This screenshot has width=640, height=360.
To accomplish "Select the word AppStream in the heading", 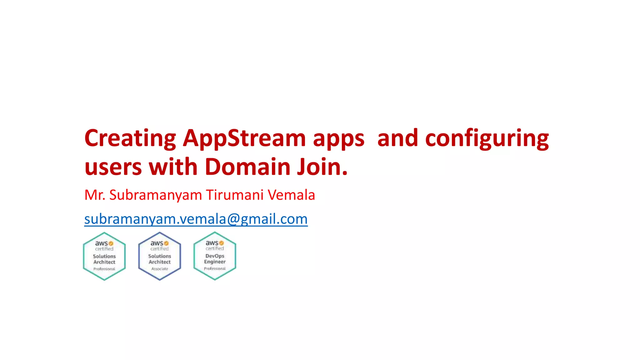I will click(x=244, y=138).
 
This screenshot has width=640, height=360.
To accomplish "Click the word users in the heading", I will click(x=113, y=167).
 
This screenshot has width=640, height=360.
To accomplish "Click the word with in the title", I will click(x=173, y=167).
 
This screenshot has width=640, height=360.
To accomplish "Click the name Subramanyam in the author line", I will click(x=156, y=195).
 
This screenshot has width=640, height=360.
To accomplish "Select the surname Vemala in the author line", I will click(x=291, y=195).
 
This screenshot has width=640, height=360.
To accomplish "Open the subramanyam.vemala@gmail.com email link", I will click(x=196, y=219).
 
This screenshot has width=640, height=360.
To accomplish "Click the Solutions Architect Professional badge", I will click(x=104, y=256).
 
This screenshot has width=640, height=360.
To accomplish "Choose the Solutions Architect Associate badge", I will click(x=160, y=256).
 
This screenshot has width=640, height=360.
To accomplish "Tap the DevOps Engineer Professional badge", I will click(x=215, y=256).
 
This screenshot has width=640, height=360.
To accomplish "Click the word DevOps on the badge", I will click(x=215, y=256).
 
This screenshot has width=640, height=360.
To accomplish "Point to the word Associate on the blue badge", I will click(x=160, y=269).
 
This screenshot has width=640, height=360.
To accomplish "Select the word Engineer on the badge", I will click(x=215, y=262).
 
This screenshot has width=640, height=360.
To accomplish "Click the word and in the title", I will click(x=397, y=138).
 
